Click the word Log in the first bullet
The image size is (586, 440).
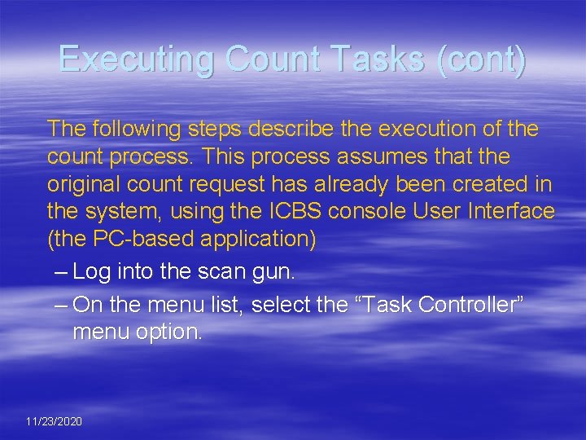[91, 272]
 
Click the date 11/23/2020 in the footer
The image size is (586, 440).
[54, 421]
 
